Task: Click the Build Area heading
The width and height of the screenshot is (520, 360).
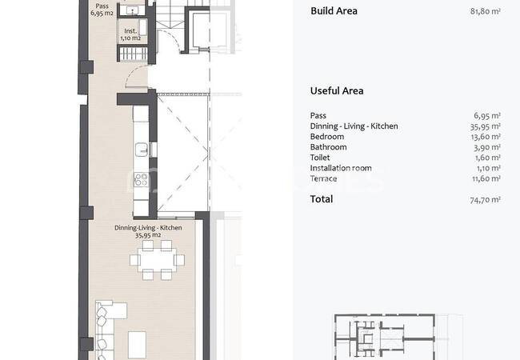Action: [334, 11]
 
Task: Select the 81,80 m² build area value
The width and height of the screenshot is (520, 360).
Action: [485, 11]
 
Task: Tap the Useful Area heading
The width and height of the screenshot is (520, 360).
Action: [337, 91]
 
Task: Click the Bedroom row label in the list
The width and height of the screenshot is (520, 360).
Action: [327, 137]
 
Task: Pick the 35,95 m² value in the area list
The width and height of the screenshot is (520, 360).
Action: [485, 126]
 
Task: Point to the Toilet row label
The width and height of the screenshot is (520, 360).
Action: [320, 158]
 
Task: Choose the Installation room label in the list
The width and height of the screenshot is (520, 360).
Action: [341, 168]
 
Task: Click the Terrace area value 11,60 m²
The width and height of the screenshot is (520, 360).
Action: [486, 178]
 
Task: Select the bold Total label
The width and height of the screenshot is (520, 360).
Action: [322, 199]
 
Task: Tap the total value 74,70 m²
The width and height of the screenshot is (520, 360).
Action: [485, 199]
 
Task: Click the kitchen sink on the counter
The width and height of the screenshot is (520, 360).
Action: [142, 150]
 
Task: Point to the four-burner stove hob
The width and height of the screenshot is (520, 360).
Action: [141, 180]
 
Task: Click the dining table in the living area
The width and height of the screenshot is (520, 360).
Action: [157, 260]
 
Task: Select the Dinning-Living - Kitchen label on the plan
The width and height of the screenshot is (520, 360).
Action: [148, 231]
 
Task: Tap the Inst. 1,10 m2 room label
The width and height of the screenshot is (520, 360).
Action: [130, 34]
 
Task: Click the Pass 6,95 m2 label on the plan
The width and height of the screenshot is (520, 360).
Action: [102, 10]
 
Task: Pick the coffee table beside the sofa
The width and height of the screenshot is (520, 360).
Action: [137, 345]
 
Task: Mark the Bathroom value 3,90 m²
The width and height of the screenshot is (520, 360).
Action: [487, 147]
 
